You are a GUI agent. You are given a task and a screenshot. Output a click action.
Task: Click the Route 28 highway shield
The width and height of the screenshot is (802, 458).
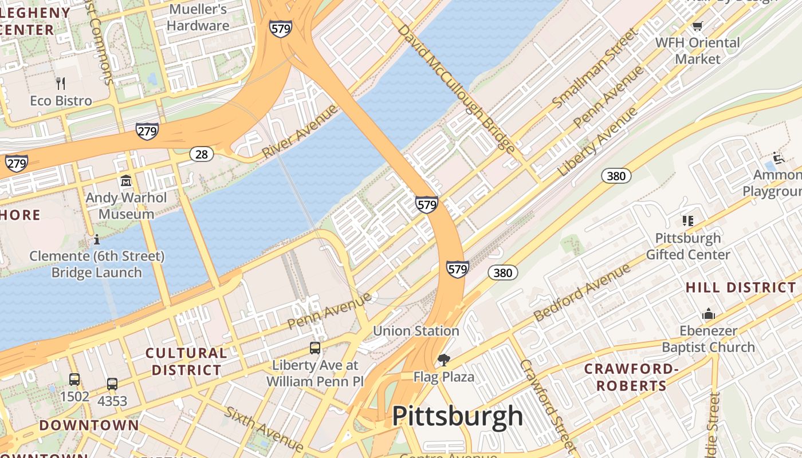tap(202, 154)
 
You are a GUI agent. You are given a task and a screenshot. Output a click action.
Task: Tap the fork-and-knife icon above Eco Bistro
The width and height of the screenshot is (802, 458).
tap(61, 84)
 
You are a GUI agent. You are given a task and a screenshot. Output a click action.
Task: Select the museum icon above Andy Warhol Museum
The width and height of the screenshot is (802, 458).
tap(126, 181)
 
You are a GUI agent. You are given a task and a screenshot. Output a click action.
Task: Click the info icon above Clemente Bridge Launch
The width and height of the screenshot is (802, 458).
tap(97, 239)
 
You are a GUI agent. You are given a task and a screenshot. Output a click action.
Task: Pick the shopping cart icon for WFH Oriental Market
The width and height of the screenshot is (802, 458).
tap(697, 26)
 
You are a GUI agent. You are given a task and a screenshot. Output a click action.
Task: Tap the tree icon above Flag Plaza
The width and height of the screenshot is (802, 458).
tap(443, 360)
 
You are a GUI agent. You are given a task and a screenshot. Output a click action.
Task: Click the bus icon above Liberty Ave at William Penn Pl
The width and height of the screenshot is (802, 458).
tap(314, 348)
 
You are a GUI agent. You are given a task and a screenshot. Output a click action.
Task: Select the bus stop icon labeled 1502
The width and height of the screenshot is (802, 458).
tap(74, 380)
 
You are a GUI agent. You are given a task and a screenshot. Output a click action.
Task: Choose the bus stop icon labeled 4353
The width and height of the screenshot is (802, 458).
tap(112, 384)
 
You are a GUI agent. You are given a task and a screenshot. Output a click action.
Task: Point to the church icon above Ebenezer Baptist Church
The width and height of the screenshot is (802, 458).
tap(709, 314)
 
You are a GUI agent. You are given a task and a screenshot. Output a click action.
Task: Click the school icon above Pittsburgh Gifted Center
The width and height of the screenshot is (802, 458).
tap(688, 221)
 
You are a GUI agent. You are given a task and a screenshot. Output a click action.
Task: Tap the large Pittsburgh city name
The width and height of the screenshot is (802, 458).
tap(457, 416)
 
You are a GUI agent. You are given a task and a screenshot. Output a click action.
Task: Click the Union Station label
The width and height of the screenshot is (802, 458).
tap(416, 331)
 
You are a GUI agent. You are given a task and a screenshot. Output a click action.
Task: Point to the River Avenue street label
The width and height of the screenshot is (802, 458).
tap(300, 132)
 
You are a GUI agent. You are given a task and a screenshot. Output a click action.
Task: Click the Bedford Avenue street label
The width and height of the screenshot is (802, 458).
tap(581, 293)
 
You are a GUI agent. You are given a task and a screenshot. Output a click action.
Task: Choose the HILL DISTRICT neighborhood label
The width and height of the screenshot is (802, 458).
tap(741, 287)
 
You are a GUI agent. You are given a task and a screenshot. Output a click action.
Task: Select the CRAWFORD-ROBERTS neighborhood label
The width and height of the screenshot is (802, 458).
tap(631, 377)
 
